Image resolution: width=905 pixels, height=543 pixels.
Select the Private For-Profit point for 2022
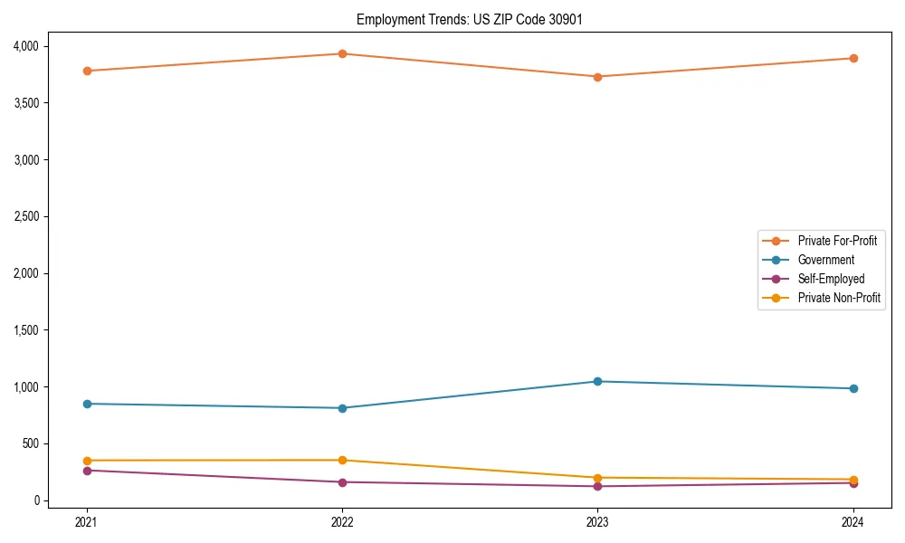click(342, 53)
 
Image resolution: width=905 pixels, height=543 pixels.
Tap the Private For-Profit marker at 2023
click(597, 77)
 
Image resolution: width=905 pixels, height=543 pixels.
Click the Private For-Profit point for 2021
click(87, 71)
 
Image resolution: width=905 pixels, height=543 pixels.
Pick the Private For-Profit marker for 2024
click(853, 58)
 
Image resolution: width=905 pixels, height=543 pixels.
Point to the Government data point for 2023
click(597, 381)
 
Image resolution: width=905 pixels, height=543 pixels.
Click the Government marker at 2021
click(87, 404)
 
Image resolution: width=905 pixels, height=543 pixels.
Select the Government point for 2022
click(342, 408)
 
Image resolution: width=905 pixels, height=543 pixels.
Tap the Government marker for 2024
click(853, 388)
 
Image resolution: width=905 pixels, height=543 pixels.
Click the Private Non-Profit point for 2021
click(87, 461)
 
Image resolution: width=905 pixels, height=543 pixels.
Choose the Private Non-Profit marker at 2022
click(342, 460)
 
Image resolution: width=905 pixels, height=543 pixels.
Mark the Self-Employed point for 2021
click(87, 471)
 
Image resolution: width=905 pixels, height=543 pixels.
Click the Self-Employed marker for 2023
click(597, 486)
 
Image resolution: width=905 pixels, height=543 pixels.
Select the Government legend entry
click(825, 260)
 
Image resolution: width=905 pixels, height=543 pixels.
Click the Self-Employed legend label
click(831, 279)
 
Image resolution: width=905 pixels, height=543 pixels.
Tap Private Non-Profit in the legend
click(839, 298)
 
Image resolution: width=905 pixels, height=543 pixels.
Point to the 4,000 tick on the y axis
click(24, 46)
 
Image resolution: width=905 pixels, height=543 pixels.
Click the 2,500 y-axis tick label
click(24, 216)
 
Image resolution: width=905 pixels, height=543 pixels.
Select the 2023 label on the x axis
click(597, 521)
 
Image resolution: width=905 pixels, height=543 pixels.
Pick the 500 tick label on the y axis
click(30, 443)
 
